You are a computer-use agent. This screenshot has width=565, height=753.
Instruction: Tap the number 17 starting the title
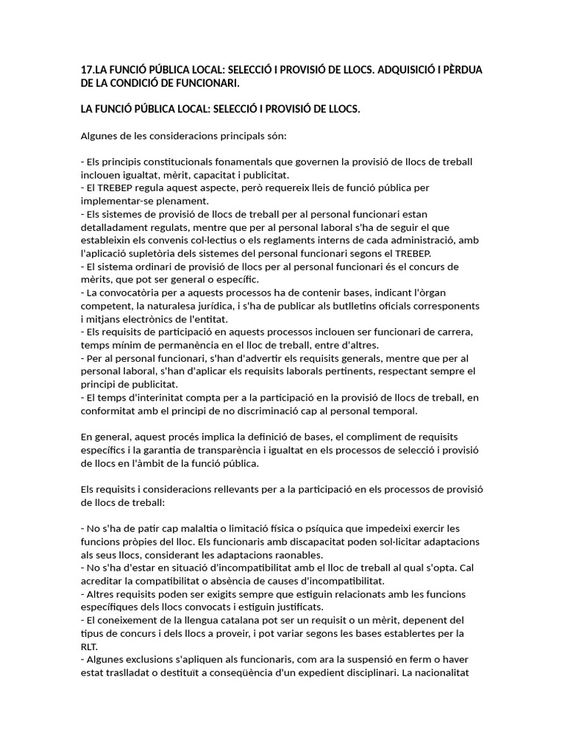[x=87, y=70]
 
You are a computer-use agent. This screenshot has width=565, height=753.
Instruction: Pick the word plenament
[x=182, y=201]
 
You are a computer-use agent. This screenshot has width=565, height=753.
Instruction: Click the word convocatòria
[x=134, y=293]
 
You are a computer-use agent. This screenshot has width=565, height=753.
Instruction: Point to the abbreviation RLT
[x=89, y=646]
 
